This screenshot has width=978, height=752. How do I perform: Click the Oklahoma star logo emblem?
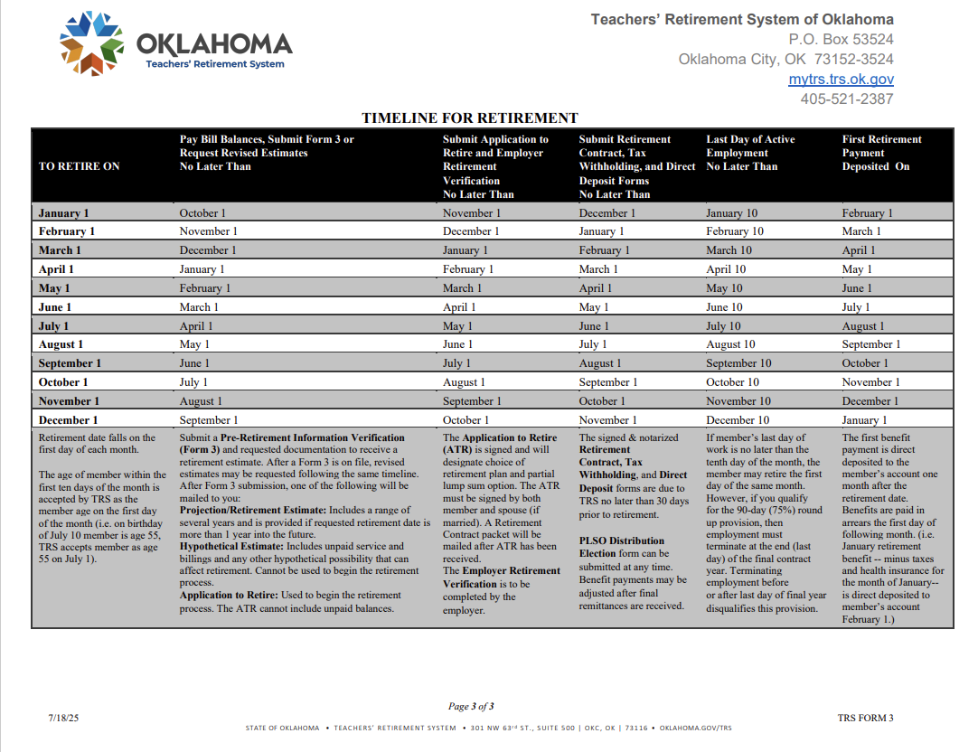click(91, 43)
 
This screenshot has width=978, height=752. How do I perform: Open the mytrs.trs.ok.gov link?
click(841, 80)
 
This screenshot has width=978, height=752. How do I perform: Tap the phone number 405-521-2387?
click(846, 99)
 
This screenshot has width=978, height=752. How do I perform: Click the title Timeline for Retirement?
click(469, 118)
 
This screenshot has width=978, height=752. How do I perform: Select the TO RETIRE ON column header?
click(80, 166)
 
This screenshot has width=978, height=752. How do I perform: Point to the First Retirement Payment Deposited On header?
click(881, 153)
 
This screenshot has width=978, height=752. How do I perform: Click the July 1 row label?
click(53, 326)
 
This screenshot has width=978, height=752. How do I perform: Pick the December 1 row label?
click(68, 420)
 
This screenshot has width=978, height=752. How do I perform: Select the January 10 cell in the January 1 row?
click(731, 213)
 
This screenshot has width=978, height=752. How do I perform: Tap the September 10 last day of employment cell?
click(738, 363)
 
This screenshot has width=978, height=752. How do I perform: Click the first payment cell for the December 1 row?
click(865, 420)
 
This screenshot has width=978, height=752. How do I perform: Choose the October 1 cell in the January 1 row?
click(202, 213)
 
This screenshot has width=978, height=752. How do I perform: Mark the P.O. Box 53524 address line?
click(841, 40)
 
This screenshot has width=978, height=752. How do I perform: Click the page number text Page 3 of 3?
click(471, 707)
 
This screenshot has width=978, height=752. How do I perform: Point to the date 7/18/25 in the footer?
click(64, 718)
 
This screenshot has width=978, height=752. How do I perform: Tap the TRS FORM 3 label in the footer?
click(865, 718)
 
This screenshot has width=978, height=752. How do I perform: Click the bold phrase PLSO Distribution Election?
click(622, 547)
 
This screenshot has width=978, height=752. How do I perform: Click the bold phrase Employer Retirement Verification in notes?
click(500, 577)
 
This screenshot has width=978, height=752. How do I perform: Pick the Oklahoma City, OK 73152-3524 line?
click(785, 60)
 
